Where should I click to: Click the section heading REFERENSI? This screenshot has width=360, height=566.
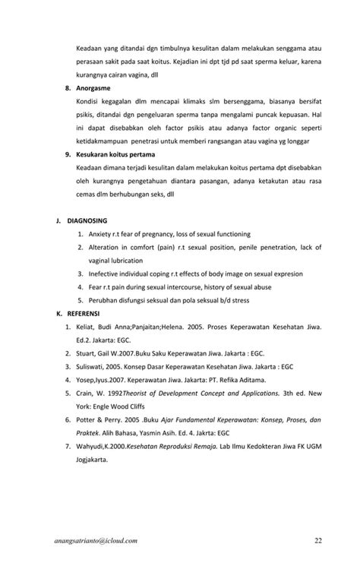coord(83,312)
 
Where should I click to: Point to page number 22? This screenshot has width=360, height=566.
coord(318,540)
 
